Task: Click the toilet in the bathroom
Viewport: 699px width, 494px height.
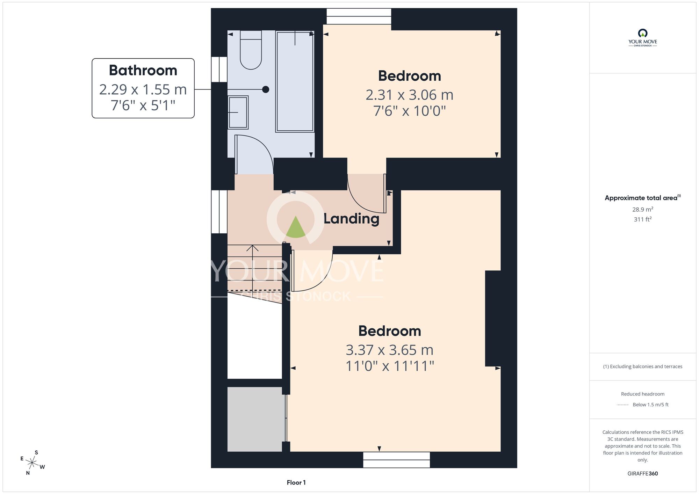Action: click(251, 50)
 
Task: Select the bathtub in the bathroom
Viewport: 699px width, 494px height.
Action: click(295, 81)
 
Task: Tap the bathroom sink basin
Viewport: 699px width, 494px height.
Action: click(238, 112)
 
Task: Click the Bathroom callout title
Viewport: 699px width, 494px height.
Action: click(143, 70)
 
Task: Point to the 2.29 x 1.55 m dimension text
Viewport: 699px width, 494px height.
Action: click(143, 89)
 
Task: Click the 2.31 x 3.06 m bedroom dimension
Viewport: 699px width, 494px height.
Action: click(410, 95)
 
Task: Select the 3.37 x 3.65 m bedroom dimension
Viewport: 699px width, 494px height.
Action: click(390, 350)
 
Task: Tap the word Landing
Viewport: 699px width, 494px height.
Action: click(351, 219)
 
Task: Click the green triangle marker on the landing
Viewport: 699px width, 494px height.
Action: click(296, 227)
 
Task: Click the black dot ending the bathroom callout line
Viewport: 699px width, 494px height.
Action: click(266, 89)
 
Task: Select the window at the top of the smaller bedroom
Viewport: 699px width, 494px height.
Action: click(359, 16)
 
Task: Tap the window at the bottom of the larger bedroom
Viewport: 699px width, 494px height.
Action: click(396, 460)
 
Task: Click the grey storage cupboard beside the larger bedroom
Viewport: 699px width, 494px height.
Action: click(256, 419)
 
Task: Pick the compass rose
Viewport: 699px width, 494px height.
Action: click(32, 463)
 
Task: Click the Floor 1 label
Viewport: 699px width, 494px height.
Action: click(296, 482)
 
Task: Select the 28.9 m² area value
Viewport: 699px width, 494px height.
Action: click(643, 209)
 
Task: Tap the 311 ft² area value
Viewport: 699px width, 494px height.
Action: click(643, 219)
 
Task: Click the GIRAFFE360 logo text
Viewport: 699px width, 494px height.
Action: click(643, 474)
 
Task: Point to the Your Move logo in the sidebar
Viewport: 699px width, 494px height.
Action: click(643, 38)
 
